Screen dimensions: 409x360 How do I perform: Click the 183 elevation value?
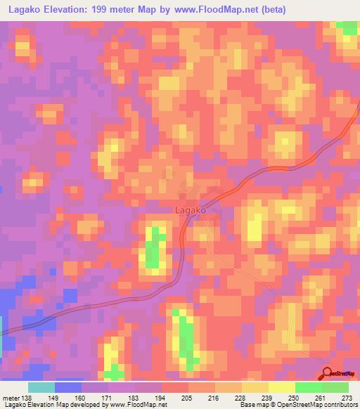(x=135, y=397)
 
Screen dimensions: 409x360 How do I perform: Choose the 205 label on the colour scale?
(x=188, y=397)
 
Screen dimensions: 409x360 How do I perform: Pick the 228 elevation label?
(x=242, y=397)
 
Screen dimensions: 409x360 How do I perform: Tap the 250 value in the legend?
(x=295, y=397)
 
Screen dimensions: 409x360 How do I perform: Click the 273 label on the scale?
(x=348, y=397)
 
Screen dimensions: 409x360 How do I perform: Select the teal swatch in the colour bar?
(x=41, y=387)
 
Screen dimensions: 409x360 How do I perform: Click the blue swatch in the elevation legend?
(x=68, y=387)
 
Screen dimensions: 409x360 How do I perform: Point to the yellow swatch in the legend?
(x=281, y=387)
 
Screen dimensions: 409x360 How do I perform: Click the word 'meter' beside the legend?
(x=11, y=397)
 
